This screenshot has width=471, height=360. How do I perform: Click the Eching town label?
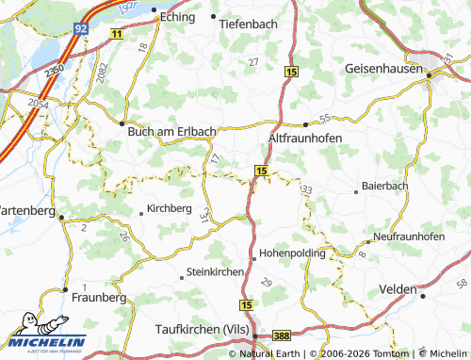point(177,17)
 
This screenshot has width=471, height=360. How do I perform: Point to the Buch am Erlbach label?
point(166,134)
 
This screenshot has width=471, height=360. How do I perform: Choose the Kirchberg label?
point(171,207)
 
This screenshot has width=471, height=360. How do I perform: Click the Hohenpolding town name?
point(293,253)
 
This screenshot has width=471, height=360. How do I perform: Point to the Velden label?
point(398,290)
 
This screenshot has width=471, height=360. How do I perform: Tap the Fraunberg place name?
point(98,296)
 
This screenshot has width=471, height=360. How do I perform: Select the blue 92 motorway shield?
point(82,30)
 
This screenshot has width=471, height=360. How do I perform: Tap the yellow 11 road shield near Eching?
point(116,33)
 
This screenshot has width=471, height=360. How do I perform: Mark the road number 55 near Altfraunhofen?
point(326,117)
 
